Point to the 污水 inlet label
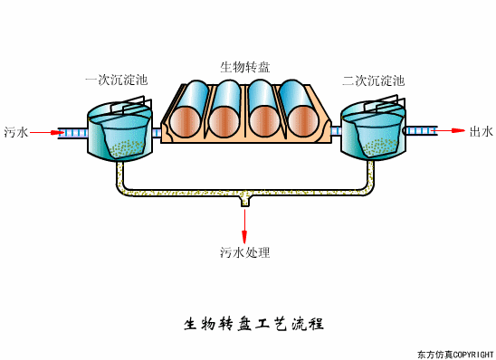[x=15, y=132]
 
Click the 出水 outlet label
[x=481, y=132]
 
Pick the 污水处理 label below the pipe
[x=244, y=252]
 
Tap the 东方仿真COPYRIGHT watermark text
[x=454, y=353]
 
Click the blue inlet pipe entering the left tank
[x=72, y=132]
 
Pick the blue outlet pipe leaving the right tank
[x=420, y=131]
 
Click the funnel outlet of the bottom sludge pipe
[x=244, y=201]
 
